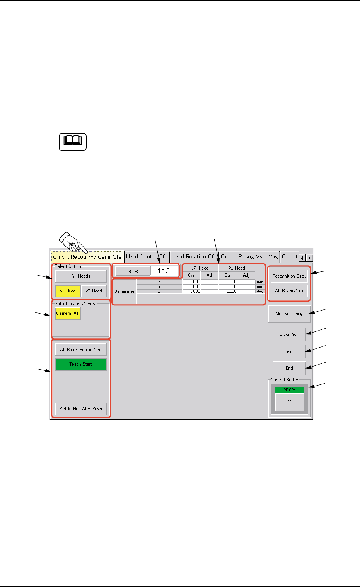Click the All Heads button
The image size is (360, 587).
click(x=80, y=276)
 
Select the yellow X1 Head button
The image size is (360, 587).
click(x=68, y=291)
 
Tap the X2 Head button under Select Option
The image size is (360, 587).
click(x=94, y=291)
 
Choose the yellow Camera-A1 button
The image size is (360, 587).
click(x=68, y=313)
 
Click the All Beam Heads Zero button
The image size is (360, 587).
click(x=80, y=350)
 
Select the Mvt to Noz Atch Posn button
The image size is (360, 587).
click(x=80, y=409)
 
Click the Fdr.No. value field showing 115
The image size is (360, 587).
click(x=164, y=271)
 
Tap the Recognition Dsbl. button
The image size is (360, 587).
click(x=289, y=276)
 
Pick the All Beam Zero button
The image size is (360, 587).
click(x=289, y=290)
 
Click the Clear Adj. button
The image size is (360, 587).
click(x=289, y=334)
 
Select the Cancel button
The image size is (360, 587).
click(x=289, y=352)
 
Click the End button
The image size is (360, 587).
click(x=289, y=368)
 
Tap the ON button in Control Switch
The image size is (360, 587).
click(x=289, y=402)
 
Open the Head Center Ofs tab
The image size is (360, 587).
click(x=147, y=256)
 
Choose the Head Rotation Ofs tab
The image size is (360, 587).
click(x=194, y=256)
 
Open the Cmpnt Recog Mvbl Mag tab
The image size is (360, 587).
click(x=249, y=256)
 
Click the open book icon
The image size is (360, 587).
click(x=72, y=142)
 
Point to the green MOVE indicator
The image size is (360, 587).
click(x=289, y=390)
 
